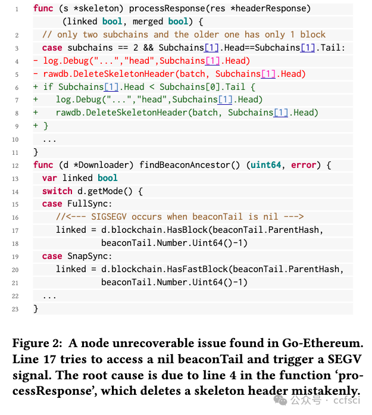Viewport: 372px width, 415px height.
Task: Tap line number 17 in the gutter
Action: [15, 230]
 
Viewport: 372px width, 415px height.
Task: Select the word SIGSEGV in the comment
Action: [110, 217]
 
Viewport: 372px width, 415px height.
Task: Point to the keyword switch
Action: [57, 191]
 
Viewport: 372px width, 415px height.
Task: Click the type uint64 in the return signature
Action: [268, 165]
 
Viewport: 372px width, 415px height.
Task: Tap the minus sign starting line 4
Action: [36, 61]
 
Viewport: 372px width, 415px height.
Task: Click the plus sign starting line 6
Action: [36, 87]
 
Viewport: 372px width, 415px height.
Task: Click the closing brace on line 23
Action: [36, 308]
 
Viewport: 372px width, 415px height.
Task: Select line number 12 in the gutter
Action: [15, 165]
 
